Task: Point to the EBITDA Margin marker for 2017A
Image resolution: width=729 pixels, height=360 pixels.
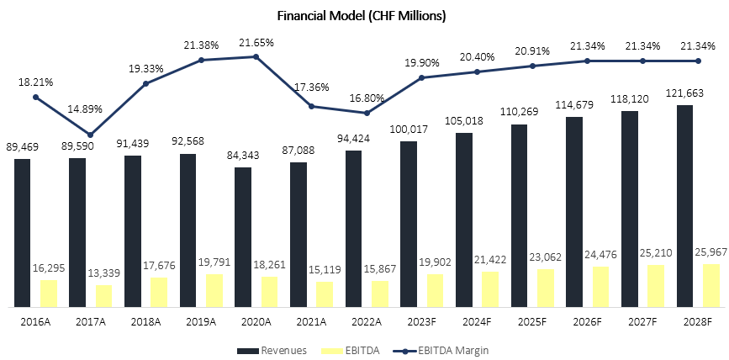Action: (x=91, y=135)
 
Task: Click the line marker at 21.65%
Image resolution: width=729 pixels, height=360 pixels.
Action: (x=256, y=56)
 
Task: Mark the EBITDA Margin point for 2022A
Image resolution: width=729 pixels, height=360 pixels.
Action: (x=367, y=113)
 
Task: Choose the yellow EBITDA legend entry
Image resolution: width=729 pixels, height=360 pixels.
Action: (x=353, y=349)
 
